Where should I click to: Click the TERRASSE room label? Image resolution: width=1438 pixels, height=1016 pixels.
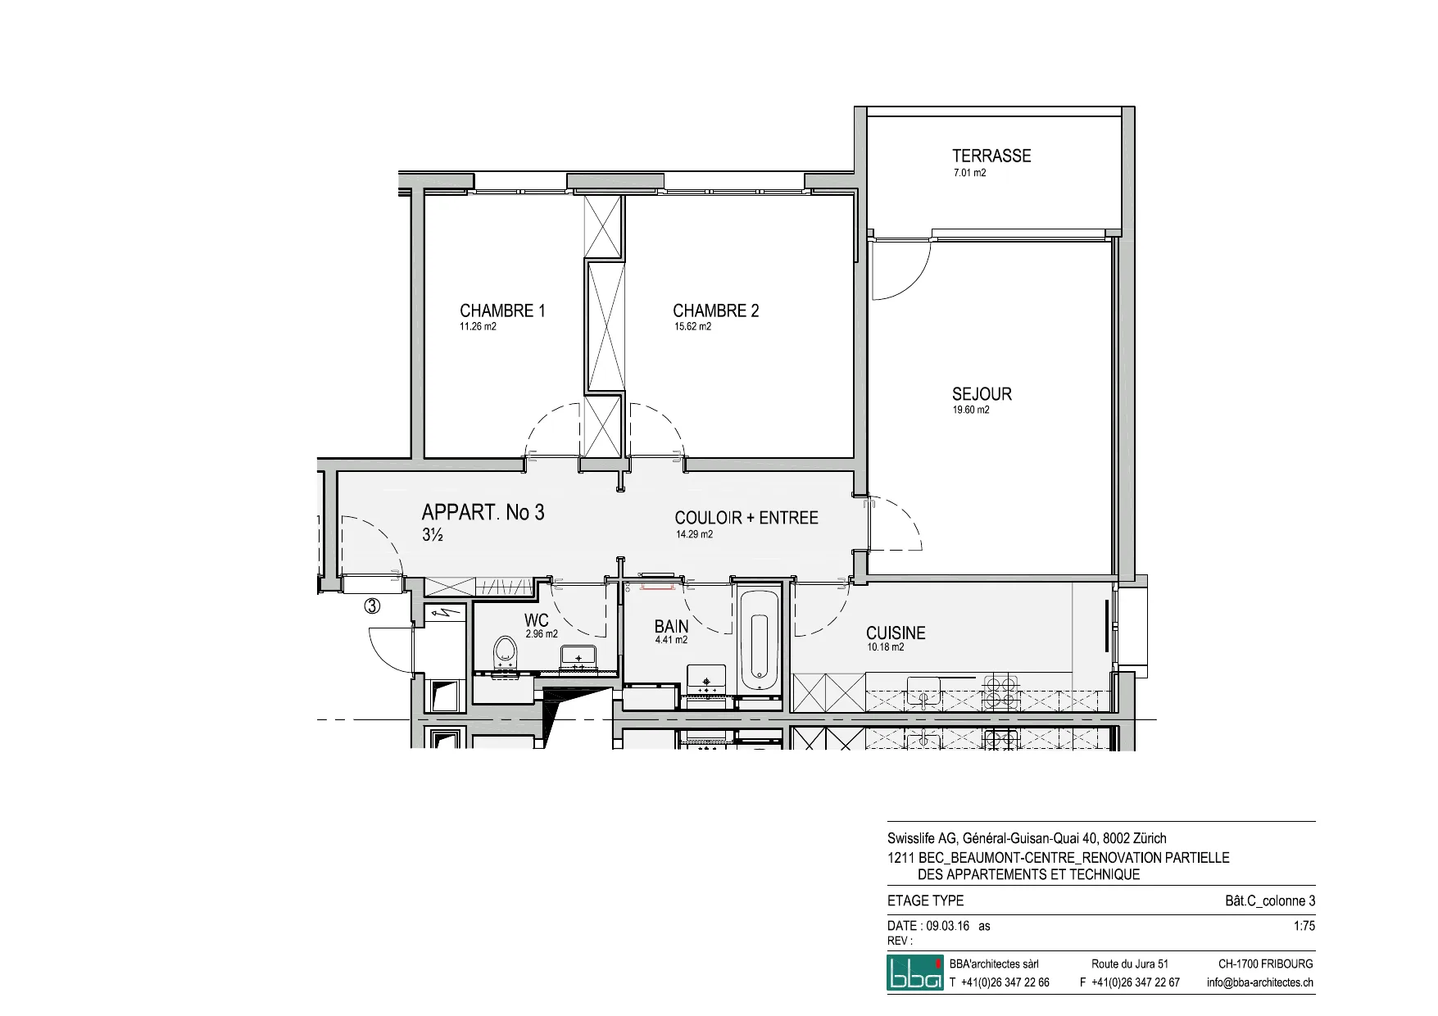(x=991, y=156)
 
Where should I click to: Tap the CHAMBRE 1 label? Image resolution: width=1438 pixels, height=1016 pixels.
(x=502, y=311)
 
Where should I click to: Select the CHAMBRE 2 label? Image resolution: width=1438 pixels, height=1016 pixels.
(x=716, y=311)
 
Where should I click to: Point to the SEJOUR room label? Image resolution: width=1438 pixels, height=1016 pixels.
(x=982, y=394)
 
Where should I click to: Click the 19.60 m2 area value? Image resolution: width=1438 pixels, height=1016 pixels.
(x=970, y=410)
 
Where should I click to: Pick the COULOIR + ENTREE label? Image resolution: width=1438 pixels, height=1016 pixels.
(x=746, y=518)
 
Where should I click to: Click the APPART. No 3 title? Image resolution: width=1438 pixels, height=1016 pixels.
(x=483, y=513)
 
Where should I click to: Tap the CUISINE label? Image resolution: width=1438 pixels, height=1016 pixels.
(x=896, y=633)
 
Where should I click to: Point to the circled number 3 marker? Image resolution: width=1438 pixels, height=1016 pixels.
(x=372, y=606)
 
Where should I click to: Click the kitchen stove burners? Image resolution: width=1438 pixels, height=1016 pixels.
(x=1001, y=692)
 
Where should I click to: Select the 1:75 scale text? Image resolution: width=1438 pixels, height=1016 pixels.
(x=1304, y=926)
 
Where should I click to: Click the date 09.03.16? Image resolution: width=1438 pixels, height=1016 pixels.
(x=948, y=926)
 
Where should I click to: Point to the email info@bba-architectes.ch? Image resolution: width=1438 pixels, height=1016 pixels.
(x=1260, y=982)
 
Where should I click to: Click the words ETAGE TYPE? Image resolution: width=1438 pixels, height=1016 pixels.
(x=925, y=900)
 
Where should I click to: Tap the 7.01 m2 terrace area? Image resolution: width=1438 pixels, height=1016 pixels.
(x=969, y=173)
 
